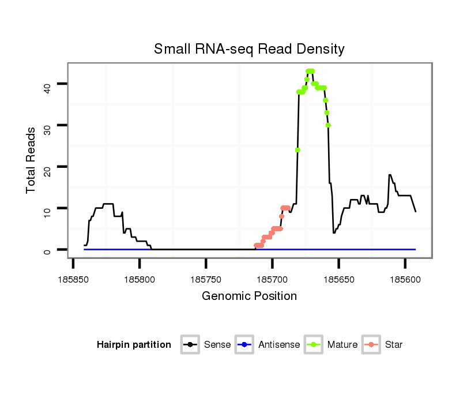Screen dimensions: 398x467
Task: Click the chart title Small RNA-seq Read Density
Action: [x=249, y=49]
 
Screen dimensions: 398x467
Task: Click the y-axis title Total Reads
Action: [x=31, y=160]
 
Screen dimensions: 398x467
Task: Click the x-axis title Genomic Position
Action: [x=249, y=296]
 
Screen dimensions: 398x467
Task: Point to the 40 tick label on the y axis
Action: [x=47, y=85]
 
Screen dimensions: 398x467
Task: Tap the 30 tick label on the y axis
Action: [x=47, y=126]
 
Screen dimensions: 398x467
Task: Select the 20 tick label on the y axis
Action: [x=47, y=167]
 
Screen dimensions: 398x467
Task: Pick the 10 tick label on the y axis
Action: [x=47, y=208]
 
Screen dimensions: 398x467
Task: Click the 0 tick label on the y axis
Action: [x=47, y=250]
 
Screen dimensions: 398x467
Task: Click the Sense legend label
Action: [x=217, y=345]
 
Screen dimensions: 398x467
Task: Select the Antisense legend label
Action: [x=279, y=345]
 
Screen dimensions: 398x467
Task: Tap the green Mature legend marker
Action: [x=314, y=345]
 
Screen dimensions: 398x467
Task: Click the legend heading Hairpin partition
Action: [x=134, y=345]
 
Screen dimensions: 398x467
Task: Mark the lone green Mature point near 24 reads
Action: [x=297, y=150]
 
